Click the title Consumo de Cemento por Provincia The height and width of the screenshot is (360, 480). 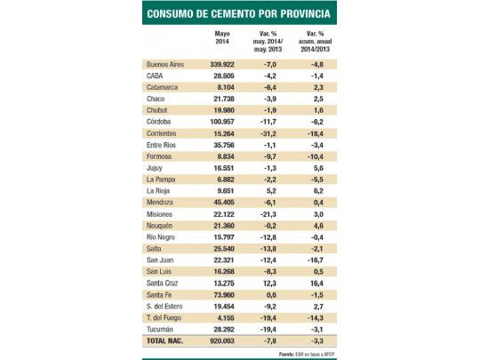[x=239, y=14]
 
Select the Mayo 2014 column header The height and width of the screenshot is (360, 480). [x=222, y=39]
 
